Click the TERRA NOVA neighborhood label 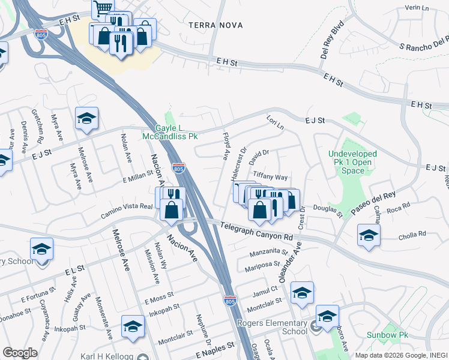(215, 25)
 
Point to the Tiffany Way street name (270, 177)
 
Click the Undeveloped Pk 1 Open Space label (352, 162)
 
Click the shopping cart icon (103, 8)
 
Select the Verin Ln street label (418, 7)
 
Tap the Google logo (20, 353)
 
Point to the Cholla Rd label (412, 234)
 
